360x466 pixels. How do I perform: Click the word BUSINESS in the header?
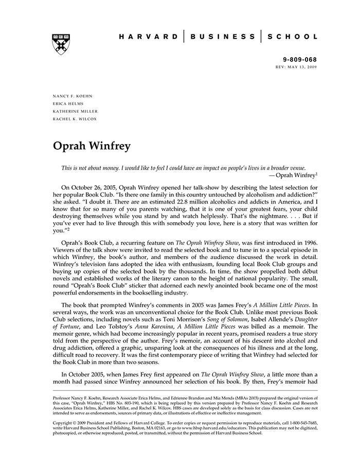coord(222,37)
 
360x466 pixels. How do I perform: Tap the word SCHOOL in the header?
coord(292,37)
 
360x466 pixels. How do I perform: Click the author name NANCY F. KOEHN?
coord(72,96)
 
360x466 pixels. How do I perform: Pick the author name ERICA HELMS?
coord(68,104)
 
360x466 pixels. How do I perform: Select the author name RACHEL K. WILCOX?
coord(75,119)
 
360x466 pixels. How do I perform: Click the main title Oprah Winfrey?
coord(92,146)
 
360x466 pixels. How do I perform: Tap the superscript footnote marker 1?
coord(316,173)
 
